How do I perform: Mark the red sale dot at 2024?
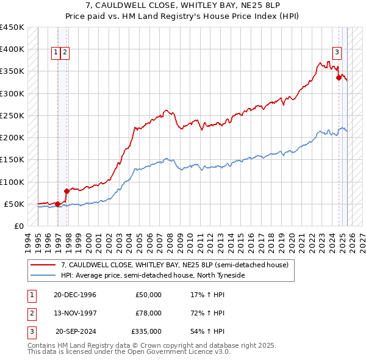coord(339,77)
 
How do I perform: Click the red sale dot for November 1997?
coord(66,191)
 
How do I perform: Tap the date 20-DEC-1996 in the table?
coord(74,295)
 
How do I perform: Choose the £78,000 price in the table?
coord(149,313)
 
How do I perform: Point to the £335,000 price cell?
coord(147,331)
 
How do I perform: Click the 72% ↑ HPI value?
coord(208,313)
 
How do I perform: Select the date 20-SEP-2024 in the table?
coord(76,331)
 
